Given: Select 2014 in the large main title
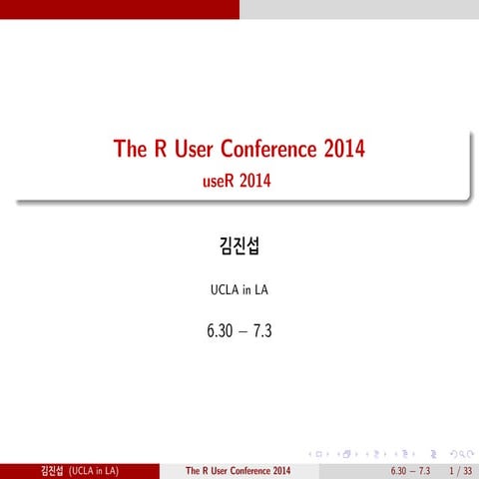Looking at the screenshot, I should pos(343,151).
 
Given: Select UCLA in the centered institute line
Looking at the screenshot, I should pos(221,291).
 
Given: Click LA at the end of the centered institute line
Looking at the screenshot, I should pos(260,291).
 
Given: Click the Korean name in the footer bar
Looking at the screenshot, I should pos(47,470).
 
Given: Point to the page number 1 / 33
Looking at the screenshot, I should pos(460,470).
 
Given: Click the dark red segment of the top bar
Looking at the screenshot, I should pos(120,9).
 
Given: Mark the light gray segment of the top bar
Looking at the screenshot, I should pos(359,9).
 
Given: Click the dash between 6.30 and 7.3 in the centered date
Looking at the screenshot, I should pos(239,326).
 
